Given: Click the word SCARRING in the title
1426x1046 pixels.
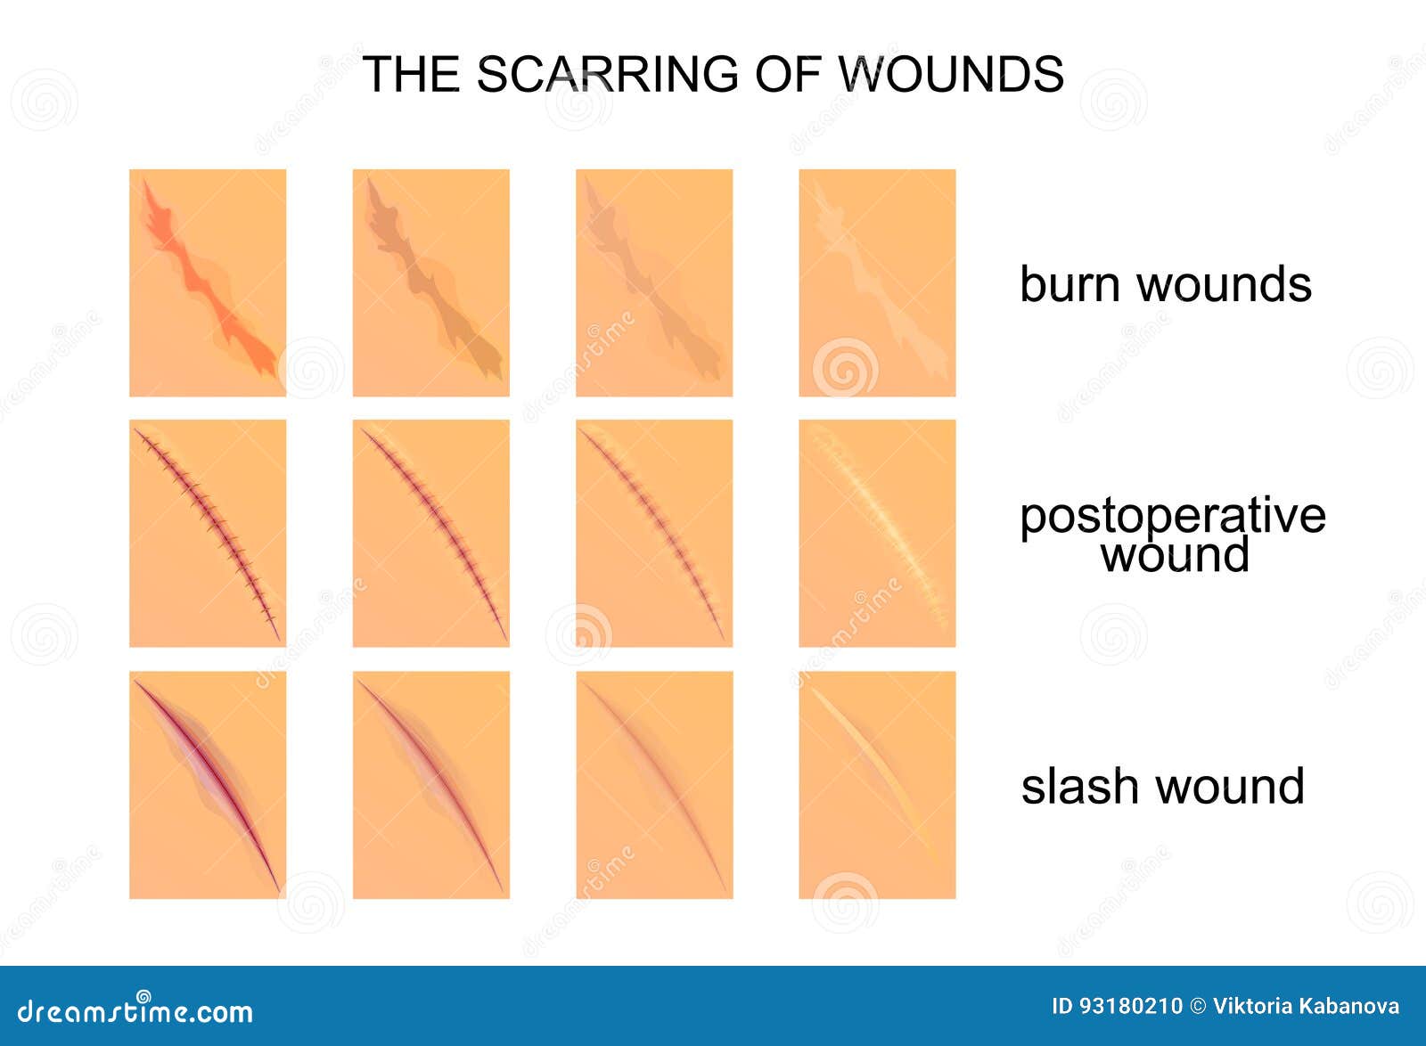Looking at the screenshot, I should click(607, 74).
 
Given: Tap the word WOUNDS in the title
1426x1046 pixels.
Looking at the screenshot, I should click(951, 74).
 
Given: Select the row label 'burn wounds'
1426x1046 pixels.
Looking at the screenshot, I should click(1165, 284).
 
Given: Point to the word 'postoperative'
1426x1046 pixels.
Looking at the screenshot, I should click(1172, 516).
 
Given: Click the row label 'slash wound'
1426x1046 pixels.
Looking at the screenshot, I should click(1162, 787).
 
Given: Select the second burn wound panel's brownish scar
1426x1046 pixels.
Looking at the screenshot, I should click(432, 285).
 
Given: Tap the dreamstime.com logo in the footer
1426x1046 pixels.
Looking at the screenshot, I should click(135, 1011).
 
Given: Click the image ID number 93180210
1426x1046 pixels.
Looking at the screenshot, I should click(1130, 1007).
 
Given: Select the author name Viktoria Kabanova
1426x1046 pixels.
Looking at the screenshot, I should click(1306, 1007).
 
